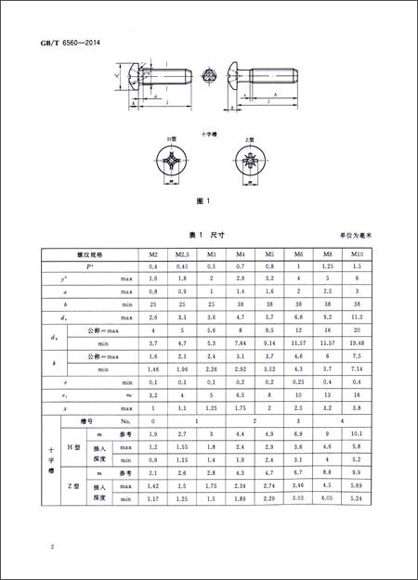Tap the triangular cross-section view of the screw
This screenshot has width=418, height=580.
[x=210, y=75]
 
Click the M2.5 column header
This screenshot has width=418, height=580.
[x=183, y=252]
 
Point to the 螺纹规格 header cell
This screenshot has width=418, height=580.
[x=89, y=252]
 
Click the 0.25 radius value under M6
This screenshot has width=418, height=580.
[x=299, y=381]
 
